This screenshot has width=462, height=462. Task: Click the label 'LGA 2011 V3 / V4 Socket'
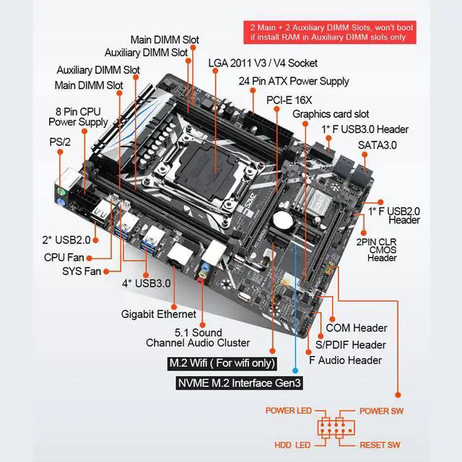click(x=262, y=63)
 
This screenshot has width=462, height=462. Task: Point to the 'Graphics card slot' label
click(x=331, y=114)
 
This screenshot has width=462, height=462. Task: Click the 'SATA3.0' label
click(x=377, y=144)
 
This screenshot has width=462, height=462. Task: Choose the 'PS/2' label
click(x=59, y=141)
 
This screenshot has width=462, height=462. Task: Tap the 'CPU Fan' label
click(x=64, y=256)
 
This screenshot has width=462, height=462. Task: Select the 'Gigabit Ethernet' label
click(x=158, y=314)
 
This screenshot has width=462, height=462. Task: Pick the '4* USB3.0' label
click(x=147, y=283)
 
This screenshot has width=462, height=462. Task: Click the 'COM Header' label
click(x=357, y=328)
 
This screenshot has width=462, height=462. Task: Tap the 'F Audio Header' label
click(x=345, y=360)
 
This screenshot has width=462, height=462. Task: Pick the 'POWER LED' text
click(x=289, y=411)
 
